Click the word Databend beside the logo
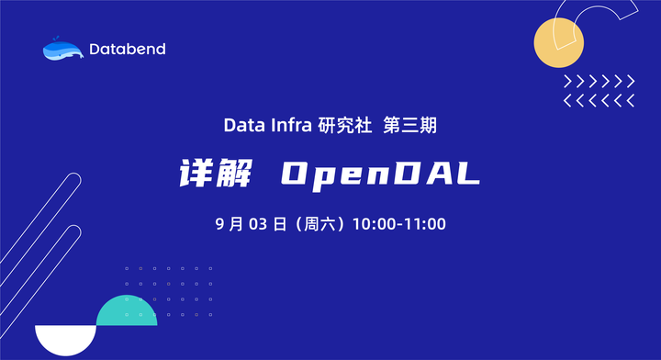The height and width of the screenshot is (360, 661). [x=129, y=49]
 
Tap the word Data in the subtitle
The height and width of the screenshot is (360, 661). [x=240, y=125]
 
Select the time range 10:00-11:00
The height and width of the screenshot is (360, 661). [x=399, y=223]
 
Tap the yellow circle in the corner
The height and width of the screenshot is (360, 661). [x=560, y=43]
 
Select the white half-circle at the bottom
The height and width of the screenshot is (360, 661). [x=65, y=341]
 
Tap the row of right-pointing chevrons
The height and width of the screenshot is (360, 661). [x=599, y=81]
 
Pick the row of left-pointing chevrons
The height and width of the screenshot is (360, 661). [x=599, y=99]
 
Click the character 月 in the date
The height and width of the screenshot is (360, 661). [x=237, y=223]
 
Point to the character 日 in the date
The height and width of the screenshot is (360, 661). [x=280, y=223]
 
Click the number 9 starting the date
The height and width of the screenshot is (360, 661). [x=219, y=223]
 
